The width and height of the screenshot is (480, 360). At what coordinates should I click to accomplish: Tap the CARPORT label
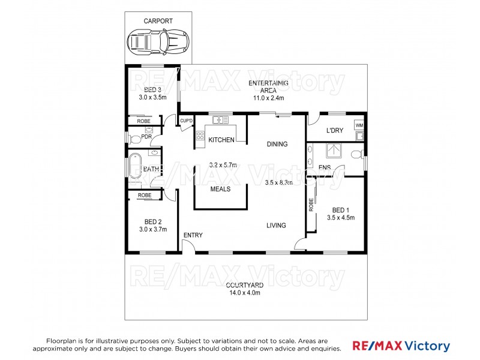pos(158,21)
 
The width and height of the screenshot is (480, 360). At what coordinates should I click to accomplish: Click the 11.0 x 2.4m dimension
pos(268,97)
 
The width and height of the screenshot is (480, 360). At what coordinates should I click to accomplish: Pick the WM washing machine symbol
pos(359,125)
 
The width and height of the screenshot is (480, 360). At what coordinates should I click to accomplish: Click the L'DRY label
pos(334,131)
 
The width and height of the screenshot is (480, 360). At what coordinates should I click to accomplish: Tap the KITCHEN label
pos(221,140)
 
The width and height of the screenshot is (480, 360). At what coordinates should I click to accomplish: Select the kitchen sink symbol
pos(220,121)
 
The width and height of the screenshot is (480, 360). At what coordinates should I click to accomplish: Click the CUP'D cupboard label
pos(186,121)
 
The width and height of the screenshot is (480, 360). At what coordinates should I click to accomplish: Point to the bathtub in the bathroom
pos(134,167)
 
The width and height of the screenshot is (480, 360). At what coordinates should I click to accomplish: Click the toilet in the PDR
pos(136,139)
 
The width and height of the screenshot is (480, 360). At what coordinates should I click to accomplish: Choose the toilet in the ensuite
pos(356,154)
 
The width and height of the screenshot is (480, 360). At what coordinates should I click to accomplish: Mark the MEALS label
pos(221,189)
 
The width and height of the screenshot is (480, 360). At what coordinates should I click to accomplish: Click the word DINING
pos(277,144)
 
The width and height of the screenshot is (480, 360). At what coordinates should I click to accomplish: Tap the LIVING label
pos(277,226)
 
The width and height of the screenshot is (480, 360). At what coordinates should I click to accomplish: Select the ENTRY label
pos(193,235)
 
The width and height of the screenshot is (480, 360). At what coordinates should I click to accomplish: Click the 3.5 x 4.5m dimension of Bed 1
pos(340,217)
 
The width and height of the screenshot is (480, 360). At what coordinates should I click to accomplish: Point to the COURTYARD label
pos(244,285)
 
